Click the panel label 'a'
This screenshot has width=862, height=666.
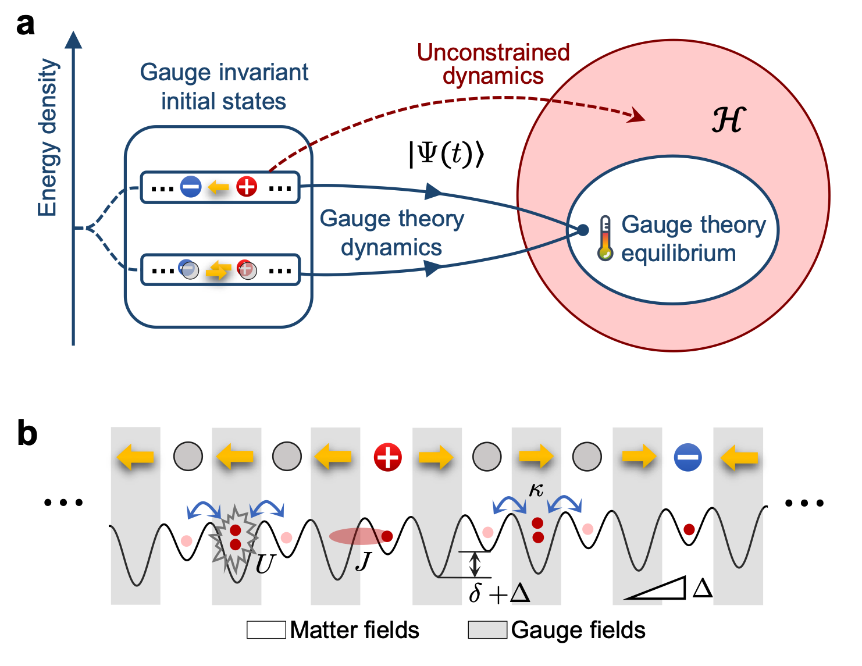25,25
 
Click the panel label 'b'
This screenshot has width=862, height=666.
27,433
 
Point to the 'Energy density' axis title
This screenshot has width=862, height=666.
48,138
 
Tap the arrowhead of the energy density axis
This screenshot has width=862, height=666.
73,40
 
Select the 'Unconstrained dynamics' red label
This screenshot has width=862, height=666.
493,64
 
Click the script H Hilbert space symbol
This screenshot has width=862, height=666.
728,120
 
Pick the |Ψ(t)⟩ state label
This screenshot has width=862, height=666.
446,154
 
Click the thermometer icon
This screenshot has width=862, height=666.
605,238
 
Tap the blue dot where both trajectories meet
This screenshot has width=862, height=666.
583,230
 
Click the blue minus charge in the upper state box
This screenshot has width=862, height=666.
191,187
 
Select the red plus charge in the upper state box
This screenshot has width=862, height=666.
247,187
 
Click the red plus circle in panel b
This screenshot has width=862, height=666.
388,457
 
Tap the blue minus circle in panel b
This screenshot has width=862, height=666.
688,457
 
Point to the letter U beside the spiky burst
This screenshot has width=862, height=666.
265,564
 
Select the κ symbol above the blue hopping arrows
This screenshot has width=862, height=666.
536,490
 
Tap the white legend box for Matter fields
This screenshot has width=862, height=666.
266,630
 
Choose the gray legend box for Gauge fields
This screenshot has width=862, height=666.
487,630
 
